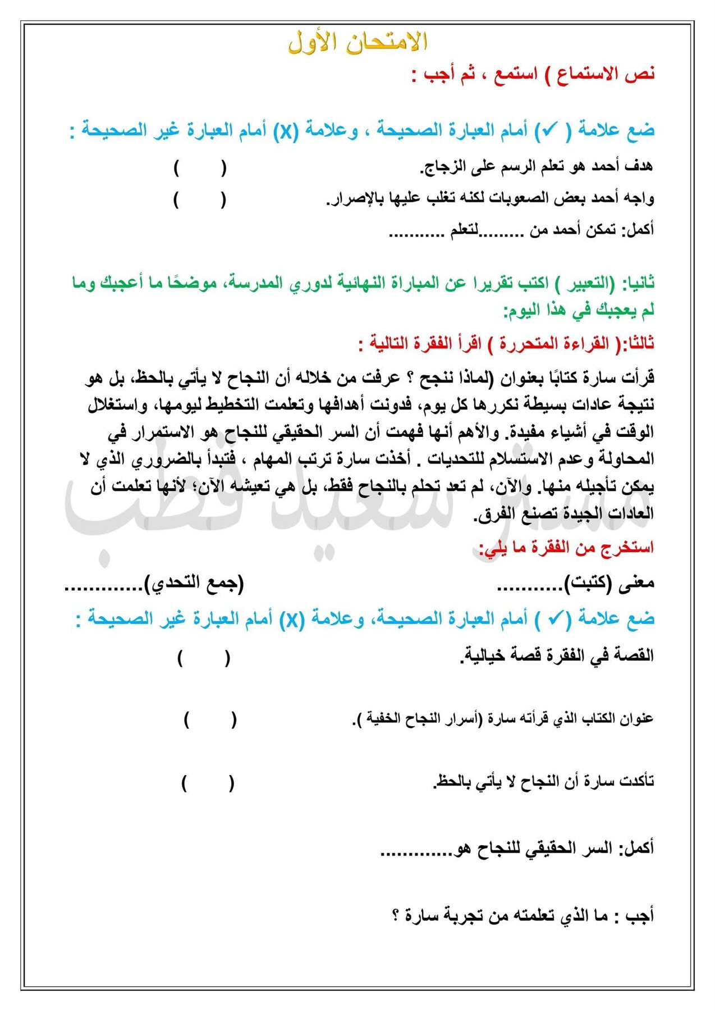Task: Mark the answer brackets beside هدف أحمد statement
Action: [x=200, y=168]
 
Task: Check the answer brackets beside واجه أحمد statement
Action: [x=200, y=199]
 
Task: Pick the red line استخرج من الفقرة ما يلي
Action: [x=566, y=548]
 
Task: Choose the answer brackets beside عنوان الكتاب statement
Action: [x=210, y=720]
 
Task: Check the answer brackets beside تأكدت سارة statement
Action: [x=207, y=783]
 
